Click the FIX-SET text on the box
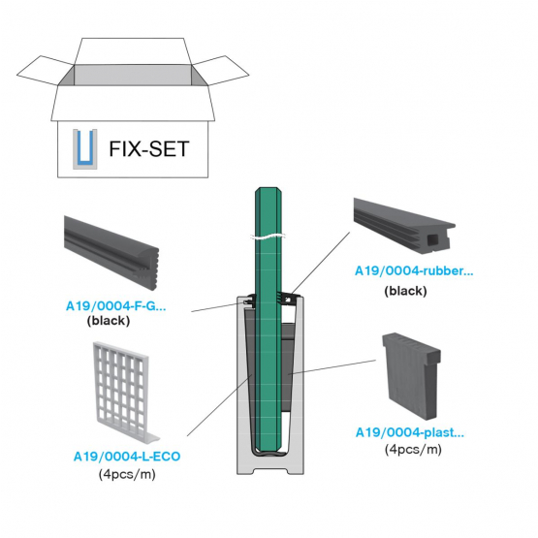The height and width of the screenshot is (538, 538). click(149, 149)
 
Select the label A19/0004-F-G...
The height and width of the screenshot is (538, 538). click(116, 305)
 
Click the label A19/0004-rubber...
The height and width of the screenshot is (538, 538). click(414, 270)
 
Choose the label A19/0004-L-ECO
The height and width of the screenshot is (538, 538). click(127, 457)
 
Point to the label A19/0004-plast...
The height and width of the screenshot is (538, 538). click(410, 432)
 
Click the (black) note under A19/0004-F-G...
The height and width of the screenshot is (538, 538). click(109, 321)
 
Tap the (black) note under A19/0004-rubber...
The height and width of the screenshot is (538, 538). click(405, 291)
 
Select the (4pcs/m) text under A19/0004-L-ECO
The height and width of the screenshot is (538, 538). click(127, 475)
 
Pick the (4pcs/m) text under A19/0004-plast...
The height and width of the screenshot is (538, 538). click(413, 449)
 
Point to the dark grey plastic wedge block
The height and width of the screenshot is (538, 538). click(412, 376)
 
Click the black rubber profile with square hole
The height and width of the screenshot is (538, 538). click(405, 227)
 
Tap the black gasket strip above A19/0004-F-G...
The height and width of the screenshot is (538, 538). click(111, 252)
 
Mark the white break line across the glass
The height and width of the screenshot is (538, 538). click(269, 237)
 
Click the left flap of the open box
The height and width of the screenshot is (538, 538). click(46, 71)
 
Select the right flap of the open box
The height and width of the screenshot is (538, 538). click(220, 71)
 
